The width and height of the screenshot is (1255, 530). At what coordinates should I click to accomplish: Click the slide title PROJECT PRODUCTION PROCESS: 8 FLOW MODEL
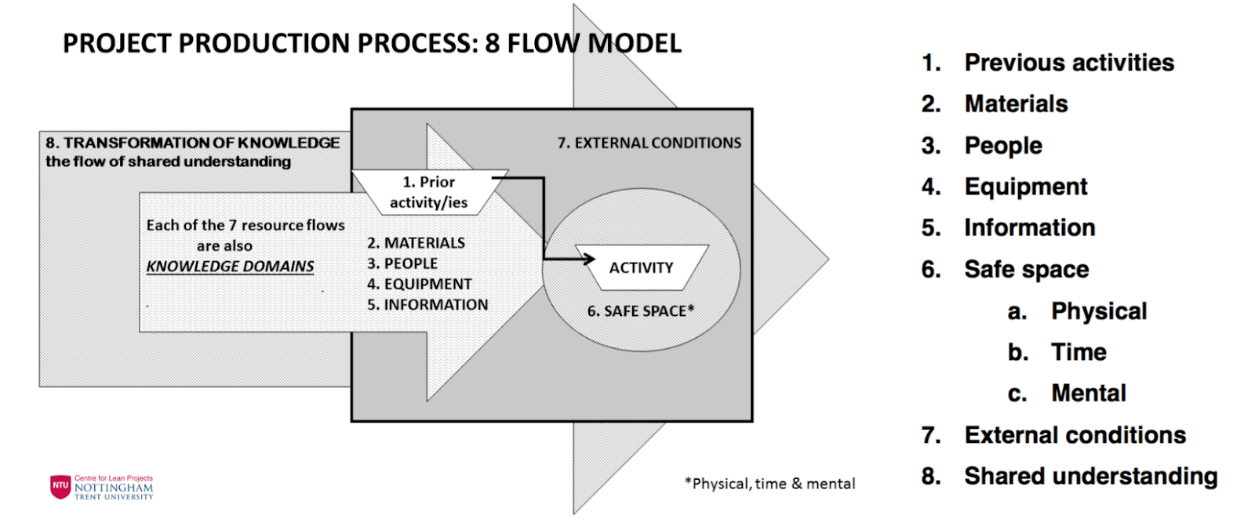(x=372, y=44)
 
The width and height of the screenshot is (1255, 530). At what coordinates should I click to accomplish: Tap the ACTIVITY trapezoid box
(x=641, y=268)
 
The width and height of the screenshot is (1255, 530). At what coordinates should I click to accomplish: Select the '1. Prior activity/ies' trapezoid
(x=428, y=192)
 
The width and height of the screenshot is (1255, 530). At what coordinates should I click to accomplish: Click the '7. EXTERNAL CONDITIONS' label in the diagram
(x=649, y=143)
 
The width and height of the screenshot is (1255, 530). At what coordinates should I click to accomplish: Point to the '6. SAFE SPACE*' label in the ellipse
(x=641, y=311)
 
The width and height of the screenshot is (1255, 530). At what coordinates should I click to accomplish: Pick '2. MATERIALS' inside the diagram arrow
(x=416, y=243)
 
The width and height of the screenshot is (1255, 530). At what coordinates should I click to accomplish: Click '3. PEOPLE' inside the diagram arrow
(x=402, y=263)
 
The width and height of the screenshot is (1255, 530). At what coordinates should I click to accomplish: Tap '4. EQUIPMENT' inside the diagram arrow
(x=420, y=284)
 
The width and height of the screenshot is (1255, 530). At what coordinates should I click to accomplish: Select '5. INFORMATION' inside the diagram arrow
(x=427, y=304)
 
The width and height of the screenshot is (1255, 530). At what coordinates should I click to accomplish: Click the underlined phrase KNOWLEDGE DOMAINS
(x=230, y=267)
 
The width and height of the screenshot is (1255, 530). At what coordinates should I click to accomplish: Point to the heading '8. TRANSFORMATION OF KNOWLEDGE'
(x=192, y=143)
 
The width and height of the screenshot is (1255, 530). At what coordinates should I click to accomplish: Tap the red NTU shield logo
(x=60, y=486)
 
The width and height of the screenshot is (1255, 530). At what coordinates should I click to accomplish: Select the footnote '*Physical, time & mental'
(x=769, y=484)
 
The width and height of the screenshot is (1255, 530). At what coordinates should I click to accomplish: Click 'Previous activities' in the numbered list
(x=1068, y=63)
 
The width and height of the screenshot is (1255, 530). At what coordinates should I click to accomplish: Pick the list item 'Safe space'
(x=1026, y=270)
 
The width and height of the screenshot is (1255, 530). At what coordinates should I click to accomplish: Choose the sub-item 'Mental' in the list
(x=1088, y=393)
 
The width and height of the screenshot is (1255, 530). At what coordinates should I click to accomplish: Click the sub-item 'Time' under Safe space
(x=1079, y=352)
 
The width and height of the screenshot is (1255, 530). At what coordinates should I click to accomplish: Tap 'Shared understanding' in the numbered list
(x=1090, y=476)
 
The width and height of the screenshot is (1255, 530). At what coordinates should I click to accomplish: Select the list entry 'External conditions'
(x=1075, y=435)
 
